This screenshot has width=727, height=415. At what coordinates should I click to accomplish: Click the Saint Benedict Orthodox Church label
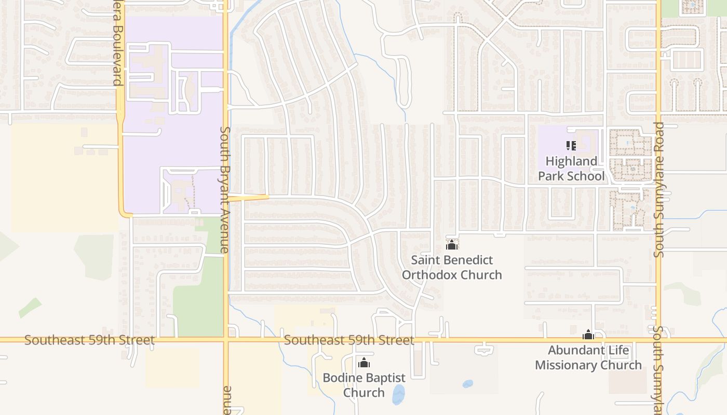point(452,267)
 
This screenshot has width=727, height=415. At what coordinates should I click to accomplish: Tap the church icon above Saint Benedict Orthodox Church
point(452,245)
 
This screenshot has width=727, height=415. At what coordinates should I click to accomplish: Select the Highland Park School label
point(571,169)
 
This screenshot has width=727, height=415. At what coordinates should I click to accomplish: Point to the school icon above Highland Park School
point(571,146)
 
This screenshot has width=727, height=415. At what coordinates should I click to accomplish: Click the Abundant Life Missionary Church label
point(588,357)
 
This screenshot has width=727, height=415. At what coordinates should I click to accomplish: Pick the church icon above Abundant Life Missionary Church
point(588,335)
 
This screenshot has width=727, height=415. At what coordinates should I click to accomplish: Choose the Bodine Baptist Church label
point(363,384)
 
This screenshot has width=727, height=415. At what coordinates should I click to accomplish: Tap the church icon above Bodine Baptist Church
point(364,362)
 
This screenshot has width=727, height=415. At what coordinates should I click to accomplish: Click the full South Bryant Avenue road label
point(225,190)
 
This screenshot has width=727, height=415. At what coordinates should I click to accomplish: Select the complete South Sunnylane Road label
point(658,190)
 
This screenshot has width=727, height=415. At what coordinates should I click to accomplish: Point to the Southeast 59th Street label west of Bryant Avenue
point(89,340)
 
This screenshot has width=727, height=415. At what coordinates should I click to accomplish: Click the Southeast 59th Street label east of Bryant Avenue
point(349,340)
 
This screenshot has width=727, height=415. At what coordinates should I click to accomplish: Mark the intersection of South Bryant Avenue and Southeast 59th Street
point(226,340)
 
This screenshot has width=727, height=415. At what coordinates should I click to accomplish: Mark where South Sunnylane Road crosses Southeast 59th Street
point(658,340)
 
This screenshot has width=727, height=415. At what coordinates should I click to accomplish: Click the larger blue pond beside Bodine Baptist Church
point(398,394)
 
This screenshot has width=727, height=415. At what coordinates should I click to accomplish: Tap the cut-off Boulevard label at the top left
point(117,47)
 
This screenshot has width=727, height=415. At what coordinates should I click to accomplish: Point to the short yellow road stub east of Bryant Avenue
point(249,197)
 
